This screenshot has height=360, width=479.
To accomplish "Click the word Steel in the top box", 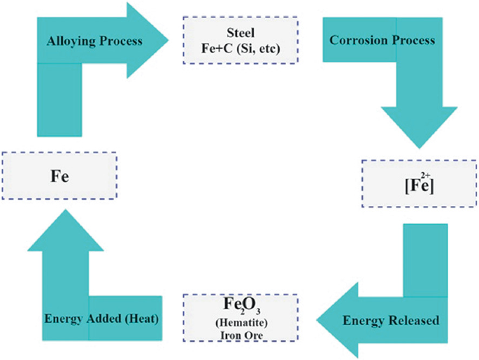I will (x=240, y=32).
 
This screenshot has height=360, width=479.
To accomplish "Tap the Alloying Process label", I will (x=94, y=41).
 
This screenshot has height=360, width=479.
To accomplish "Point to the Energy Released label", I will (x=391, y=321).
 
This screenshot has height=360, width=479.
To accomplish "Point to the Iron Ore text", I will (x=240, y=336).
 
